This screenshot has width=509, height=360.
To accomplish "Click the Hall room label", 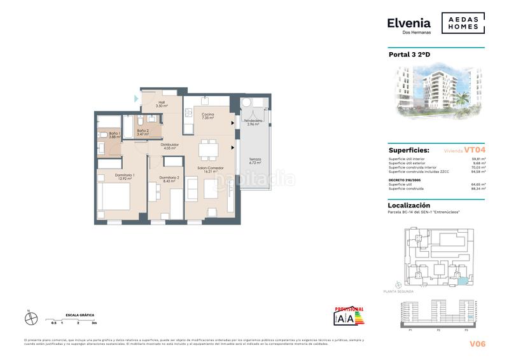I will [x=162, y=104].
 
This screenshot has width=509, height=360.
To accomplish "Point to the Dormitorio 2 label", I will [x=168, y=179].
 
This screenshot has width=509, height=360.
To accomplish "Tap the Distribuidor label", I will [x=169, y=146].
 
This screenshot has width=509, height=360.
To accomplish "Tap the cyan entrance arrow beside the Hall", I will [x=136, y=99].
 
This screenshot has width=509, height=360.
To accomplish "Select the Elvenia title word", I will [x=408, y=23].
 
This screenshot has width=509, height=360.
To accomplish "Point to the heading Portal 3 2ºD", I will [x=409, y=55].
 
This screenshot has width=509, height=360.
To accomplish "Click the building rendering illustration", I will [x=436, y=94].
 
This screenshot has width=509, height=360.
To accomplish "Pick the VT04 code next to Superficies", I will [x=475, y=150].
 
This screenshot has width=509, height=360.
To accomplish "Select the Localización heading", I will [x=409, y=205].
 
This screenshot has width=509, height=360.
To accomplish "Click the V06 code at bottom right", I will [x=477, y=344].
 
